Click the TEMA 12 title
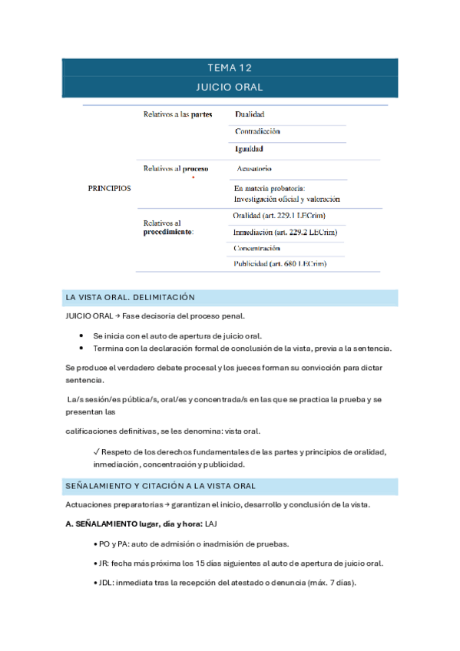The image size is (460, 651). tap(230, 68)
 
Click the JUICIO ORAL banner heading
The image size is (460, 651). tap(230, 87)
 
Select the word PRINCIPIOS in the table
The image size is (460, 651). tap(110, 187)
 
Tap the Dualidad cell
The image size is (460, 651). tap(250, 114)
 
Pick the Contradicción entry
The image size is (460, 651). tap(257, 131)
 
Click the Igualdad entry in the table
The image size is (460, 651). tap(249, 149)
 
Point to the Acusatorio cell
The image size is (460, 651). tap(254, 168)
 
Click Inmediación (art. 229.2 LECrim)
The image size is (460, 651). tap(285, 232)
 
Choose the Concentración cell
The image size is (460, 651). tap(257, 248)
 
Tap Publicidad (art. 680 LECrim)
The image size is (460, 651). tap(280, 263)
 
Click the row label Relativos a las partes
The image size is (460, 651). tap(178, 114)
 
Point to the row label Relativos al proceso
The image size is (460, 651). tap(176, 168)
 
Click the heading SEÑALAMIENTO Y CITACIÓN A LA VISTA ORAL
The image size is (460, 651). tap(161, 486)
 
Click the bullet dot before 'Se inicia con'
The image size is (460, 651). tap(81, 335)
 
